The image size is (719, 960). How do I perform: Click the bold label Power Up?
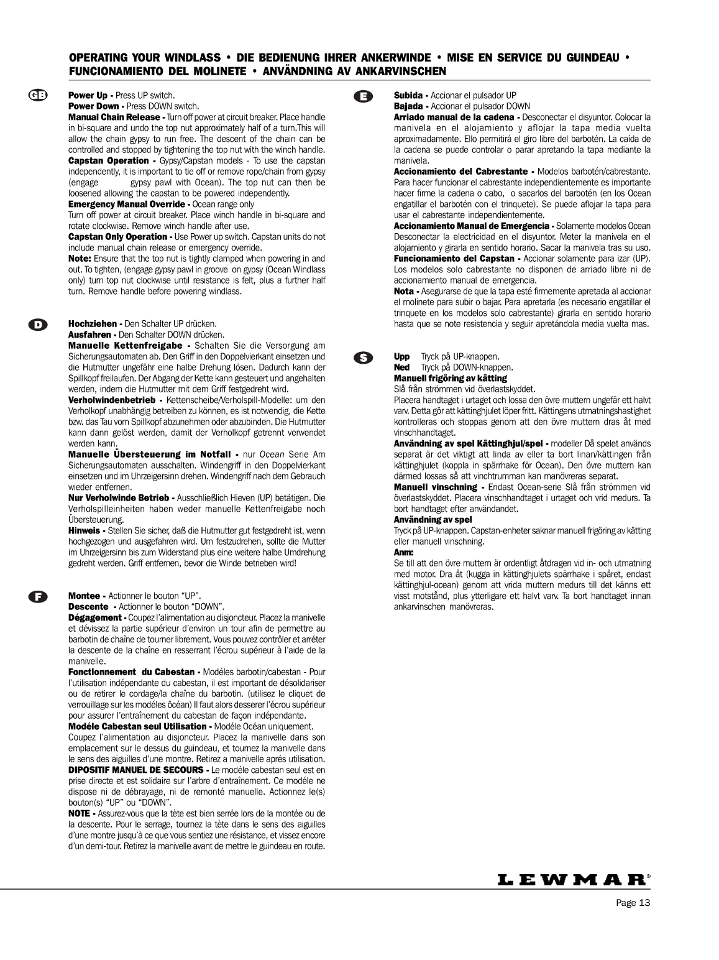88,96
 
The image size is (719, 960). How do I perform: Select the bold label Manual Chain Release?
114,117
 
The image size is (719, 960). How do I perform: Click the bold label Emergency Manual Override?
126,204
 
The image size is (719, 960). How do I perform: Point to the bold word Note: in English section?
80,258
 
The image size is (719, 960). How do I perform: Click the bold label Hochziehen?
93,324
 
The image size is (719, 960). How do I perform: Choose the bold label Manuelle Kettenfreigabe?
125,346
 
